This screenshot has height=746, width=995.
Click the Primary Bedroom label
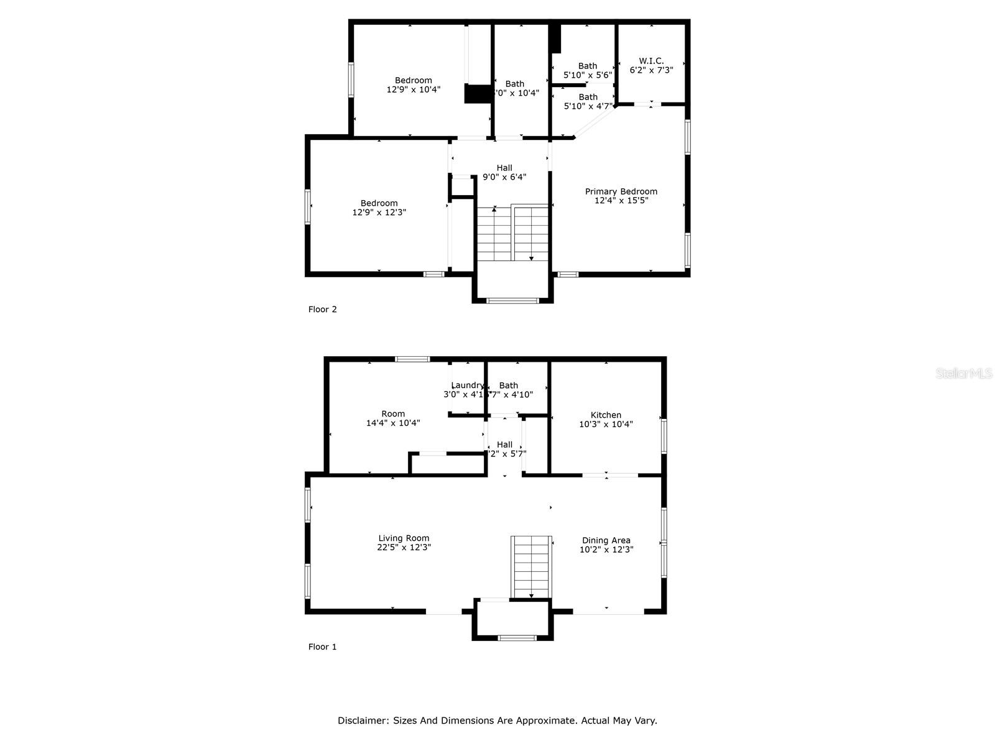coord(621,191)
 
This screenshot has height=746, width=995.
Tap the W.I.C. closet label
coord(651,61)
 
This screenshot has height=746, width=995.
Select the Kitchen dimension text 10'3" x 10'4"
coord(606,424)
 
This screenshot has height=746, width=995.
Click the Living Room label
coord(404,538)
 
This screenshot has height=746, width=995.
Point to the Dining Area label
coord(606,540)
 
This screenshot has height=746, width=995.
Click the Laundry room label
coord(467,385)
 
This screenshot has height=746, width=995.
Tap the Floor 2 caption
coord(322,309)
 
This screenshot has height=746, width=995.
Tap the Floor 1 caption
coord(322,647)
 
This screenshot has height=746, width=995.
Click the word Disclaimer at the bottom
coord(363,721)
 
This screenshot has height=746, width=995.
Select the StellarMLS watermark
coord(963,374)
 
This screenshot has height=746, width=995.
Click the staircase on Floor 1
coord(531,566)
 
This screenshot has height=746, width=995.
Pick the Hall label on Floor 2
coord(504,168)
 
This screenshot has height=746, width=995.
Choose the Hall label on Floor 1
coord(505,444)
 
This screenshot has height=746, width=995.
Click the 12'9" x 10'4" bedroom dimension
coord(414,90)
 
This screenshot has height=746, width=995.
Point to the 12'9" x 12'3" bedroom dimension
coord(379,212)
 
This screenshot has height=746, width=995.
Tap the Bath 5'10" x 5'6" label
coord(588,66)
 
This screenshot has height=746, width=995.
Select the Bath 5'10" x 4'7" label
coord(588,97)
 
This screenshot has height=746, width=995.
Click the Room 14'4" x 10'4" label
coord(393,414)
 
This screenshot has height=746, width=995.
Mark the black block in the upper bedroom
coord(478,94)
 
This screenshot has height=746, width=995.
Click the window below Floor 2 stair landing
coord(512,301)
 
